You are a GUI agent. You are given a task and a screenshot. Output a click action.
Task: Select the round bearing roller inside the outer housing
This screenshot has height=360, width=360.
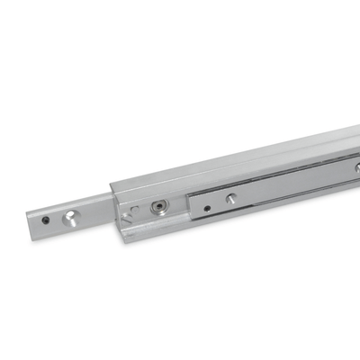pyautogui.click(x=158, y=207)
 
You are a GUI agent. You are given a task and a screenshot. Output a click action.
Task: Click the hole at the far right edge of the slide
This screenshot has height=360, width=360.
pyautogui.click(x=357, y=167)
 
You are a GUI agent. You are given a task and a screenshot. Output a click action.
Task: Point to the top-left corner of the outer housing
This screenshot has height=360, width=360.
pyautogui.click(x=111, y=186)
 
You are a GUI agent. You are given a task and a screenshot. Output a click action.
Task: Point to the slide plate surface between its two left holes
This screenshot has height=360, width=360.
pyautogui.click(x=220, y=204)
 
